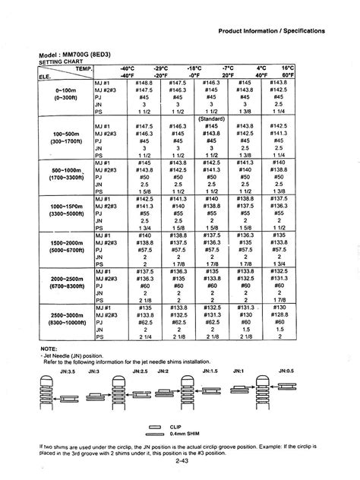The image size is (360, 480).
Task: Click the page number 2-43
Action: (x=180, y=461)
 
